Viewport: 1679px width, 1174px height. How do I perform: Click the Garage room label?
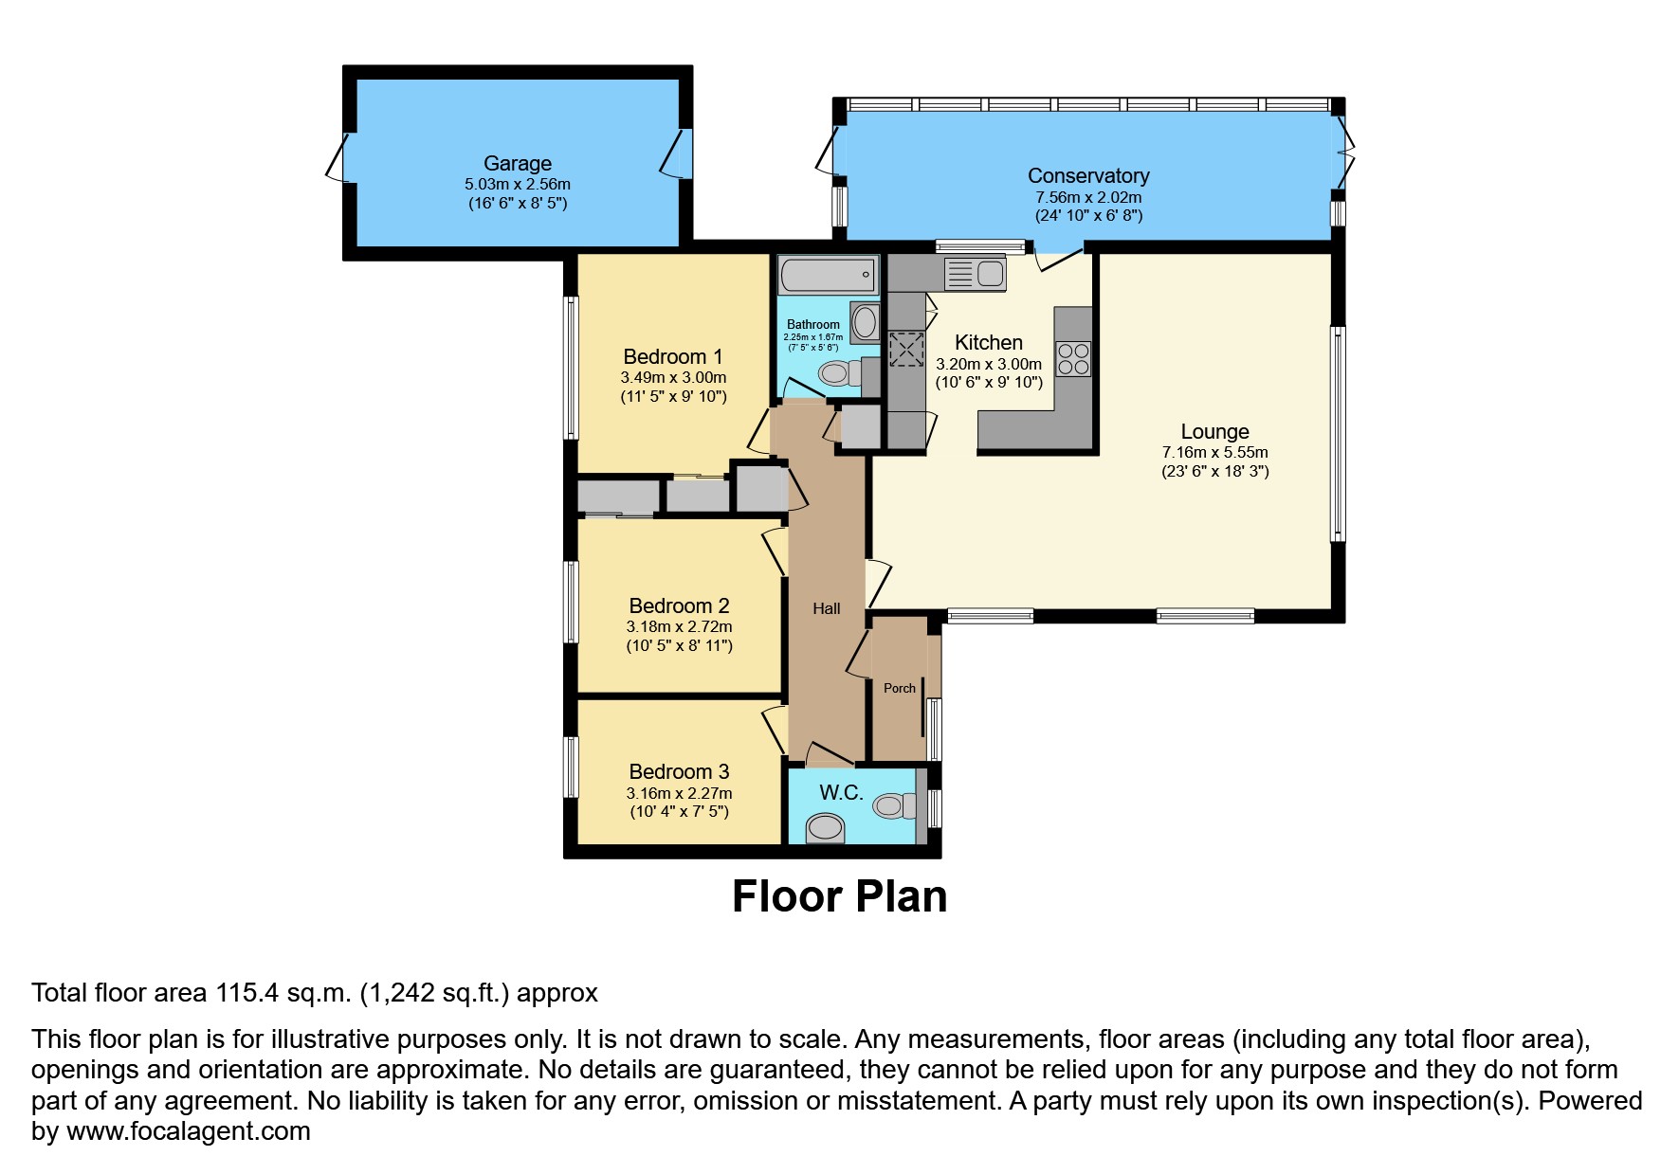point(517,163)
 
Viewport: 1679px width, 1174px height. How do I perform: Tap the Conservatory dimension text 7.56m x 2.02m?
point(1087,197)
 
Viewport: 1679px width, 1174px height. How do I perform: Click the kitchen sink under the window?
point(975,274)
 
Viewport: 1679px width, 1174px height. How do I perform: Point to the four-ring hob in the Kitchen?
point(1073,358)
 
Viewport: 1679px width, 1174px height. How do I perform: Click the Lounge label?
point(1214,432)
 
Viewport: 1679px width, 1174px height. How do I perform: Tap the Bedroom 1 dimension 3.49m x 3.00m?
point(673,377)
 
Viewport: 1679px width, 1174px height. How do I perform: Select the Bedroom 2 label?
point(679,605)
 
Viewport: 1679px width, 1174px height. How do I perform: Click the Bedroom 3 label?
point(679,771)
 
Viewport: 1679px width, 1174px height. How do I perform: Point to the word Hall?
point(826,608)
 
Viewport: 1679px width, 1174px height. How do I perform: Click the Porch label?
point(899,688)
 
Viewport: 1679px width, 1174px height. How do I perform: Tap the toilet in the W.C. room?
point(894,805)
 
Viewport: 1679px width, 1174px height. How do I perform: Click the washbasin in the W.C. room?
point(824,830)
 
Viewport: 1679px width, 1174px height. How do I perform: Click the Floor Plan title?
point(839,896)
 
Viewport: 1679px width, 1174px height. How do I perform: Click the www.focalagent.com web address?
point(188,1131)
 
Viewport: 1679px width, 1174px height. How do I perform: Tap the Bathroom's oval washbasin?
point(865,322)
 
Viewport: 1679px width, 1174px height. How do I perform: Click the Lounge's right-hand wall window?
point(1338,434)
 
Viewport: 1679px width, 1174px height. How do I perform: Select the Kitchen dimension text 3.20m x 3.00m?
point(988,364)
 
